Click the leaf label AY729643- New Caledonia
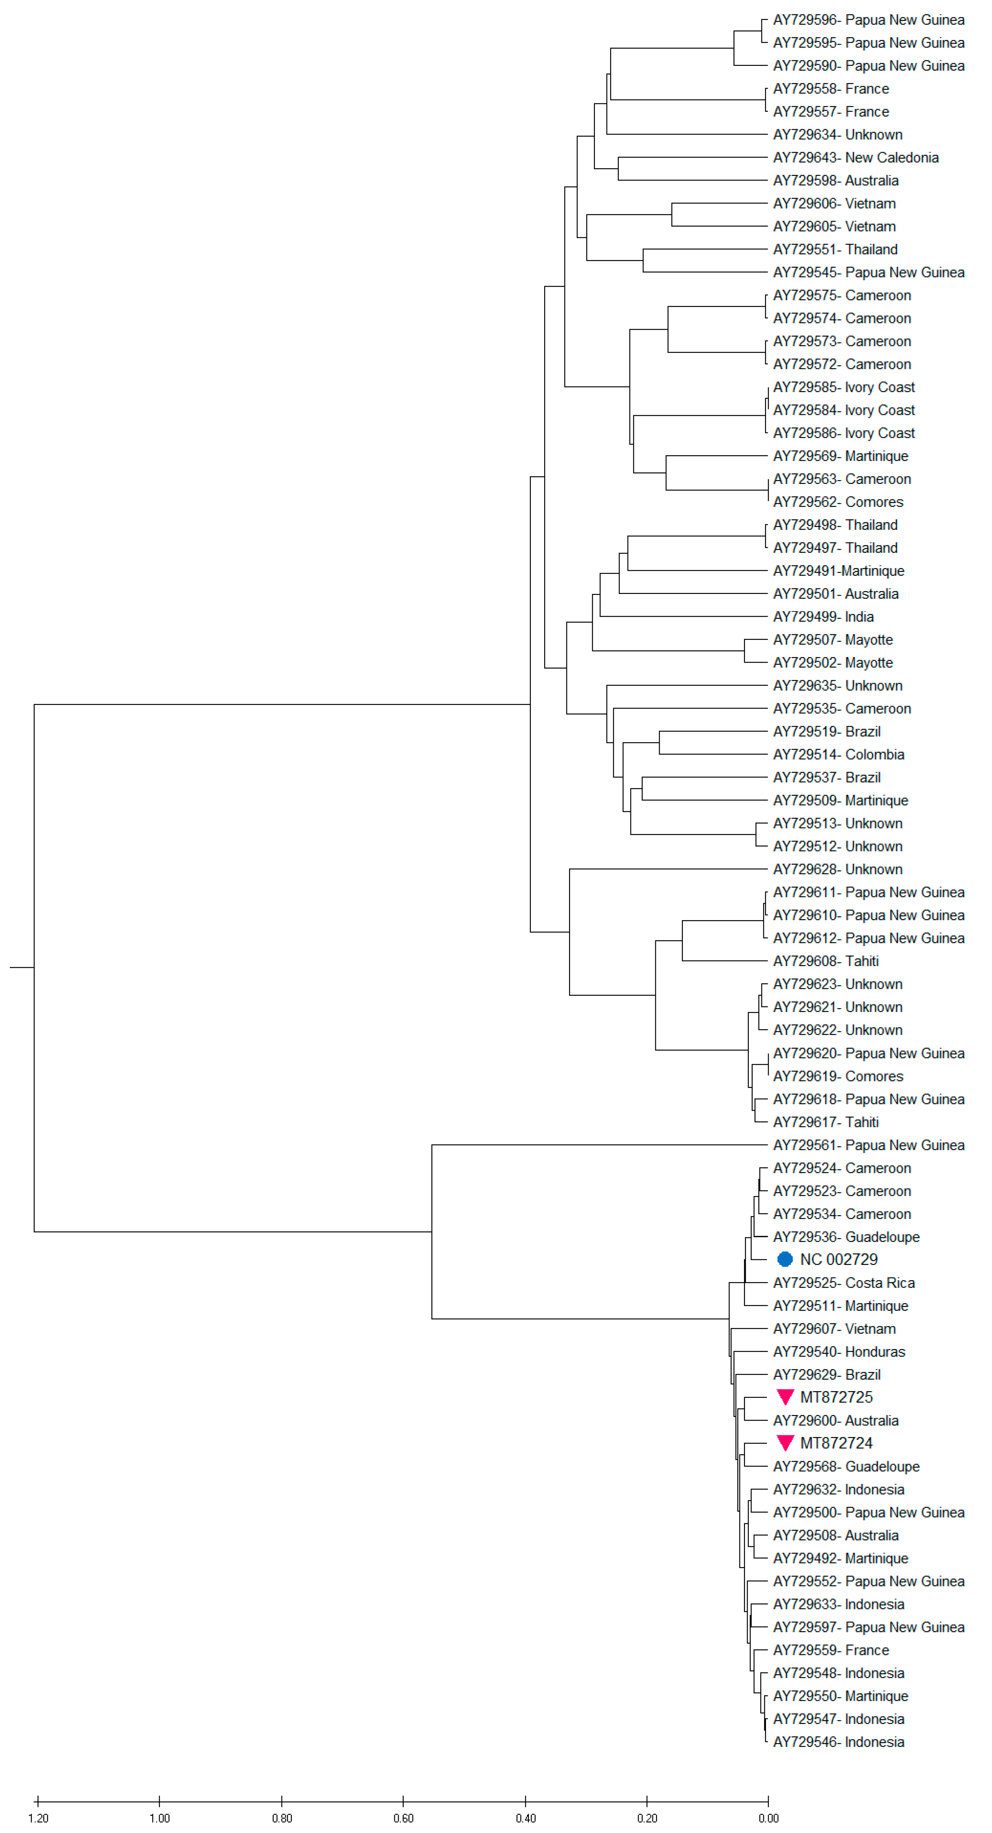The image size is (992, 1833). click(x=855, y=157)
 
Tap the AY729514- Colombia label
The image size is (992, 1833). click(x=838, y=754)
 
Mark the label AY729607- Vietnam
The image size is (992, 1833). click(x=834, y=1328)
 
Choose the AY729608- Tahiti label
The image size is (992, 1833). click(x=826, y=960)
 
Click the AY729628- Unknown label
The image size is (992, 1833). click(x=837, y=869)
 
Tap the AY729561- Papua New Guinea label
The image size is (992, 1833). click(x=868, y=1145)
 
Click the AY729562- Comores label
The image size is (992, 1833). click(x=837, y=502)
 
